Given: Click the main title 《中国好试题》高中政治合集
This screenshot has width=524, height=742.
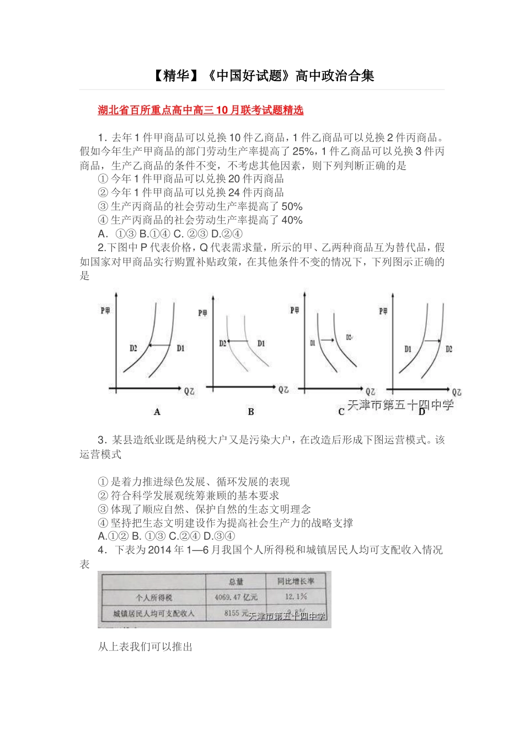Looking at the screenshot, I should point(263,76).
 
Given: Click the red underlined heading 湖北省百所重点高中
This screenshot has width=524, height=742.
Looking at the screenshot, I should point(200,110).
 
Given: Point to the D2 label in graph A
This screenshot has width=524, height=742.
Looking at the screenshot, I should point(133,348).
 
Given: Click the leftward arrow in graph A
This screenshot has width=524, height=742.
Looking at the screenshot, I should point(159,346).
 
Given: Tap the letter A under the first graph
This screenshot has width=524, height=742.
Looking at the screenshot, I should point(157,412).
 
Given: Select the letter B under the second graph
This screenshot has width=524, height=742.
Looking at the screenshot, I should point(251,412).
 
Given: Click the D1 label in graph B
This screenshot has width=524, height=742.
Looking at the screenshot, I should point(261,343).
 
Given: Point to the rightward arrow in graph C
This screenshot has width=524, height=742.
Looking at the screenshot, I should point(328,340).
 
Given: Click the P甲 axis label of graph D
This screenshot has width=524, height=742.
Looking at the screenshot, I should point(383,311).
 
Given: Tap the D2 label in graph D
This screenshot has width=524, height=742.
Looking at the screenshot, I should point(449,349).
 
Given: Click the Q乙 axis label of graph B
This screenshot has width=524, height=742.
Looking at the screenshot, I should point(283,390).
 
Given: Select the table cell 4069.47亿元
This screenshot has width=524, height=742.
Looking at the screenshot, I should point(236,597).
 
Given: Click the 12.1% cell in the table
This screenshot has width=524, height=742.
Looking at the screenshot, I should point(296,597).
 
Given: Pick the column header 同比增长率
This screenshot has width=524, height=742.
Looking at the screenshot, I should point(296,581).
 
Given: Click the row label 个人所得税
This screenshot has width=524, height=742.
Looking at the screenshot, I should point(154,597).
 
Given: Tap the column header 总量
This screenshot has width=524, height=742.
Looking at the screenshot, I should point(236,582).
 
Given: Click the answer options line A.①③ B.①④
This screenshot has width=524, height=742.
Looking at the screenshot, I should point(170,234).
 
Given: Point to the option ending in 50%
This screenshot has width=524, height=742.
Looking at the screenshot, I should point(200,206).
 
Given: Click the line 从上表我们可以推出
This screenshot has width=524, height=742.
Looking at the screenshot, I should point(145,646).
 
